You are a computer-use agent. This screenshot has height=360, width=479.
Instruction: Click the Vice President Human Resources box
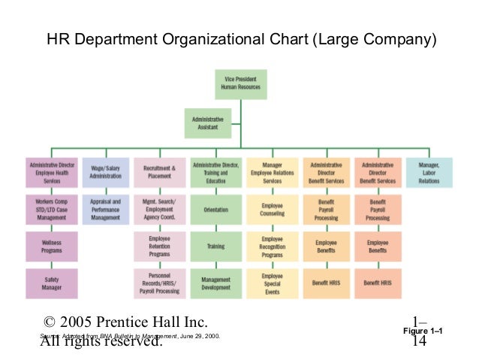click(x=240, y=84)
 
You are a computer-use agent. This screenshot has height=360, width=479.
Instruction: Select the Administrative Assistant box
click(x=208, y=123)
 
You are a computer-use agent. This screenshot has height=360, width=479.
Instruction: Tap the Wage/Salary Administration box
click(x=105, y=172)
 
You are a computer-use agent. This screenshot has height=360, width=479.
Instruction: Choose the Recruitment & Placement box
click(x=159, y=172)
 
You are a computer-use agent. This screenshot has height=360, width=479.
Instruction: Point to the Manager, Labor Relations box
click(x=429, y=172)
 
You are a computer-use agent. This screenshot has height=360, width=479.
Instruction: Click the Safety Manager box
click(x=51, y=283)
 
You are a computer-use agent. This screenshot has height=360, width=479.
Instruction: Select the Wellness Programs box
click(x=51, y=246)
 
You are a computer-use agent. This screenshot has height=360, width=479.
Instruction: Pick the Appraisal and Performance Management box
click(x=105, y=209)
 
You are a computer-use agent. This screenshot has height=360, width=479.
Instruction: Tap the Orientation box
click(x=215, y=209)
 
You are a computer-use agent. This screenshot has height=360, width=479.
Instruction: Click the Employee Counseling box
click(x=272, y=209)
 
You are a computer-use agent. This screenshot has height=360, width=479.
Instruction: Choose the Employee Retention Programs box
click(x=159, y=246)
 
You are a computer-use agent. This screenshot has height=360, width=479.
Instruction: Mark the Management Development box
click(x=215, y=283)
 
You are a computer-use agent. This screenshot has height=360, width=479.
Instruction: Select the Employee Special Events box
click(x=272, y=283)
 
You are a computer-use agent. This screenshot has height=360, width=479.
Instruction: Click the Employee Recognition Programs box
click(x=272, y=246)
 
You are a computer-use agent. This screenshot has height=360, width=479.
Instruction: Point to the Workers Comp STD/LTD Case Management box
click(x=51, y=209)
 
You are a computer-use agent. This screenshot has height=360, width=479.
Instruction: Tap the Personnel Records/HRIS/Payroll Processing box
click(x=159, y=283)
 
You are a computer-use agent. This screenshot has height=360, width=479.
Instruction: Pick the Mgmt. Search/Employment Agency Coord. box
click(x=159, y=209)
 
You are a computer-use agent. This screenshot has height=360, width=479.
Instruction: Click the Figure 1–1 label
click(x=423, y=331)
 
